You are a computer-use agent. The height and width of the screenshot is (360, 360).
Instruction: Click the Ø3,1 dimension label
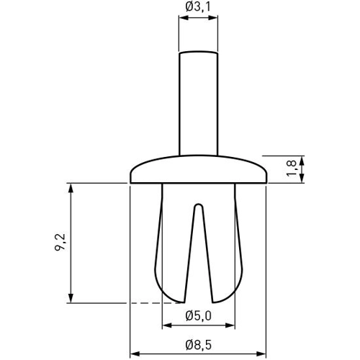[197, 7]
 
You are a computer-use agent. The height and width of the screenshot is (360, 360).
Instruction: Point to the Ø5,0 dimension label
[198, 315]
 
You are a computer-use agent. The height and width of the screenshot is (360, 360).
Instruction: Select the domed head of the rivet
[198, 171]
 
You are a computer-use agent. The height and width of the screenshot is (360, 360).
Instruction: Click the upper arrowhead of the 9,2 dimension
[71, 189]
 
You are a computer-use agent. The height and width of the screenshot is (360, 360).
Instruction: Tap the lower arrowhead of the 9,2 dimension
[71, 298]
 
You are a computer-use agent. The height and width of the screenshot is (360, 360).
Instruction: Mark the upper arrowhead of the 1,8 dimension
[302, 161]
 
